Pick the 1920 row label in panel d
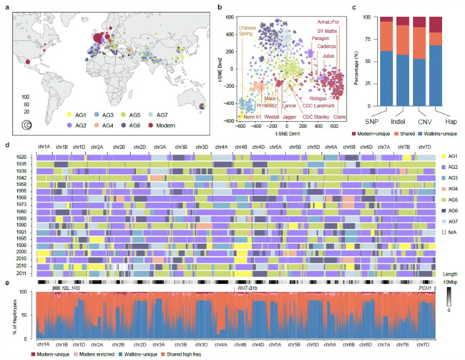click(x=23, y=156)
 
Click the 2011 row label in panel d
click(x=23, y=274)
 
